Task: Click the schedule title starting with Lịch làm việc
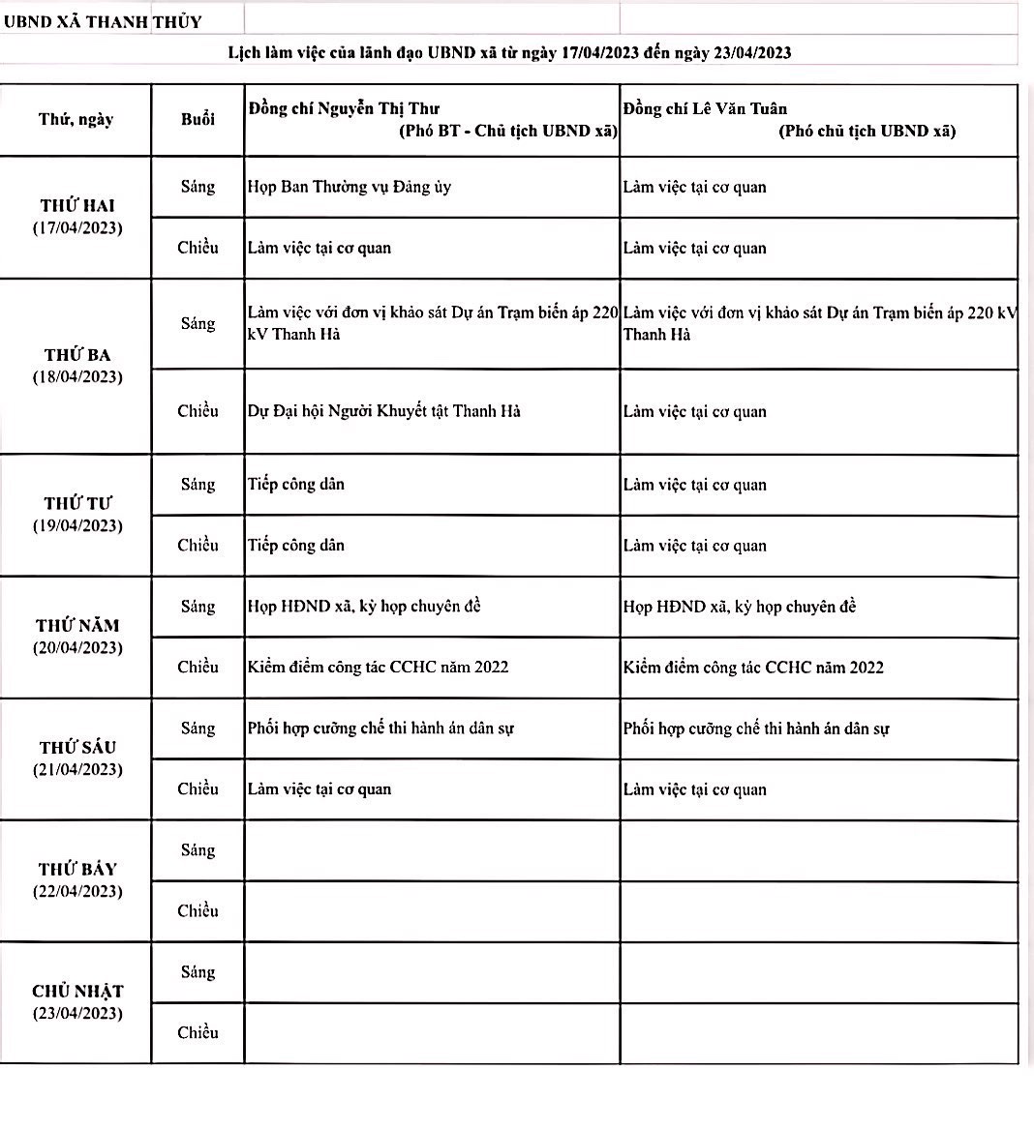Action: coord(509,52)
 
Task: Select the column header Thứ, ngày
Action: coord(76,119)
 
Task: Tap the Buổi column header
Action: coord(198,119)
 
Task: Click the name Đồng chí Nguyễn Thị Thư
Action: coord(344,108)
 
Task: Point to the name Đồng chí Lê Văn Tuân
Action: coord(705,108)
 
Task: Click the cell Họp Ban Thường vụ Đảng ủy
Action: coord(350,187)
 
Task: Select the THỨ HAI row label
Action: coord(77,206)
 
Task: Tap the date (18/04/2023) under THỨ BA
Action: coord(77,377)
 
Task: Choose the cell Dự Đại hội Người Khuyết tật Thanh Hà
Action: coord(384,411)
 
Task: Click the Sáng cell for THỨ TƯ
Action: coord(198,484)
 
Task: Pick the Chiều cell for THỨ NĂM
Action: coord(198,667)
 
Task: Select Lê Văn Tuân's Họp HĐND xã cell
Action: coord(740,607)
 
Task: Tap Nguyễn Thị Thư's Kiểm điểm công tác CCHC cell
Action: coord(378,667)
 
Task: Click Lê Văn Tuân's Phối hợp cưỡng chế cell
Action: coord(756,729)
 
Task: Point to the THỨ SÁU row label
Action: coord(77,748)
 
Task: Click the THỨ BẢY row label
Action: coord(77,870)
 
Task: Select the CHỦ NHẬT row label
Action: coord(77,992)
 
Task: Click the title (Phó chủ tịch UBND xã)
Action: coord(867,132)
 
